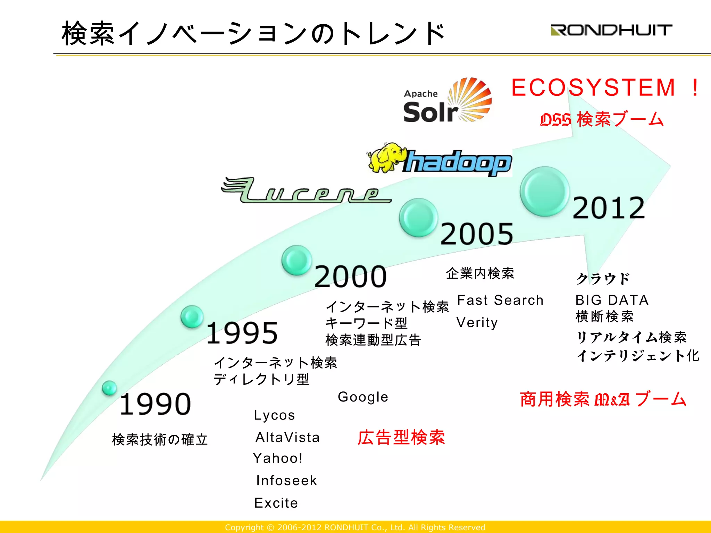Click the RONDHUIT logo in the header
pyautogui.click(x=611, y=30)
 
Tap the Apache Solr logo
pyautogui.click(x=447, y=101)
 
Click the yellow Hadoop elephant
pyautogui.click(x=386, y=158)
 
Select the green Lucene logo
pyautogui.click(x=306, y=191)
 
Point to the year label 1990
pyautogui.click(x=155, y=404)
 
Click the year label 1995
pyautogui.click(x=242, y=333)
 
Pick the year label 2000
pyautogui.click(x=350, y=277)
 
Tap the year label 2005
pyautogui.click(x=477, y=234)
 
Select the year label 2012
pyautogui.click(x=609, y=208)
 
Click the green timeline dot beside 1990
pyautogui.click(x=109, y=388)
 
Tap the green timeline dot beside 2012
pyautogui.click(x=544, y=192)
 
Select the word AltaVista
pyautogui.click(x=287, y=438)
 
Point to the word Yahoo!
pyautogui.click(x=278, y=458)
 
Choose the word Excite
pyautogui.click(x=276, y=503)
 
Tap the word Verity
pyautogui.click(x=477, y=323)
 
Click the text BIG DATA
pyautogui.click(x=612, y=300)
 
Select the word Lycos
pyautogui.click(x=274, y=415)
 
